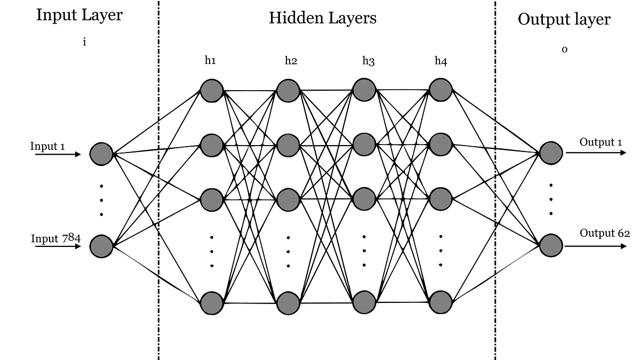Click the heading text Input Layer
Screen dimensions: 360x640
click(x=79, y=15)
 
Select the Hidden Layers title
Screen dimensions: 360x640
click(x=322, y=18)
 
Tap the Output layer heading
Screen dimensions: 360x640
click(x=564, y=20)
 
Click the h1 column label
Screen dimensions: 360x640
click(x=210, y=60)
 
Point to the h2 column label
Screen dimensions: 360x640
click(x=291, y=60)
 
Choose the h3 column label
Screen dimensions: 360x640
click(x=368, y=61)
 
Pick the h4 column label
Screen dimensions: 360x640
click(x=441, y=61)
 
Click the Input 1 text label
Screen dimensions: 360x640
click(x=47, y=146)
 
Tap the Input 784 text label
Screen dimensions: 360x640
click(x=55, y=238)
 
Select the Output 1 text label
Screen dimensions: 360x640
click(x=601, y=142)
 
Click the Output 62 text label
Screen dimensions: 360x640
click(x=605, y=233)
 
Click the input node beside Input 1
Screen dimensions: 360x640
click(x=101, y=154)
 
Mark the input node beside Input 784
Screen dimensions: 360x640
click(x=101, y=246)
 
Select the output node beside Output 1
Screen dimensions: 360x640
click(x=551, y=153)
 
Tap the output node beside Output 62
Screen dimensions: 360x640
click(x=551, y=245)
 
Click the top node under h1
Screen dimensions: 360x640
click(x=211, y=90)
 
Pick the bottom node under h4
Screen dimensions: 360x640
click(x=441, y=302)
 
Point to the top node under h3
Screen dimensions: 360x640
click(x=364, y=89)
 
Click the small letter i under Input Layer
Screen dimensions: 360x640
click(x=84, y=42)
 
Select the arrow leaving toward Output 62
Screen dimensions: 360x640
click(x=596, y=246)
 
